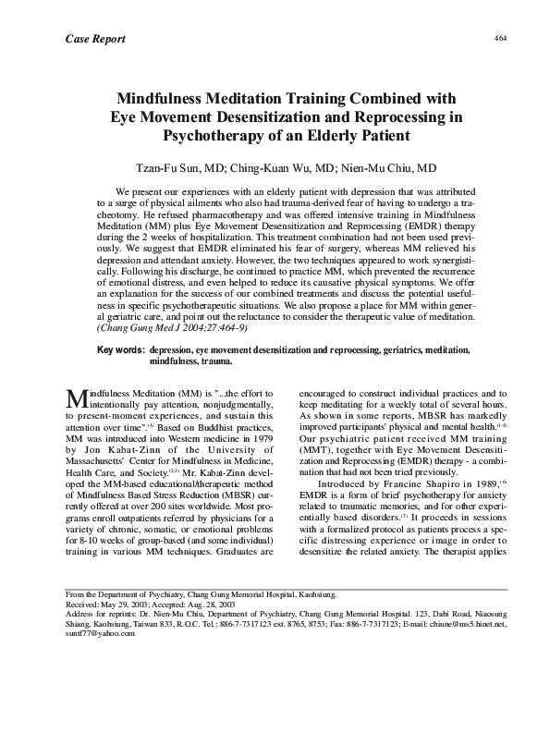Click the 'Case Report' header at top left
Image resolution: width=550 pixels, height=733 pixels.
(95, 38)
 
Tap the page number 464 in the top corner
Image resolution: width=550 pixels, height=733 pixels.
(502, 38)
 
